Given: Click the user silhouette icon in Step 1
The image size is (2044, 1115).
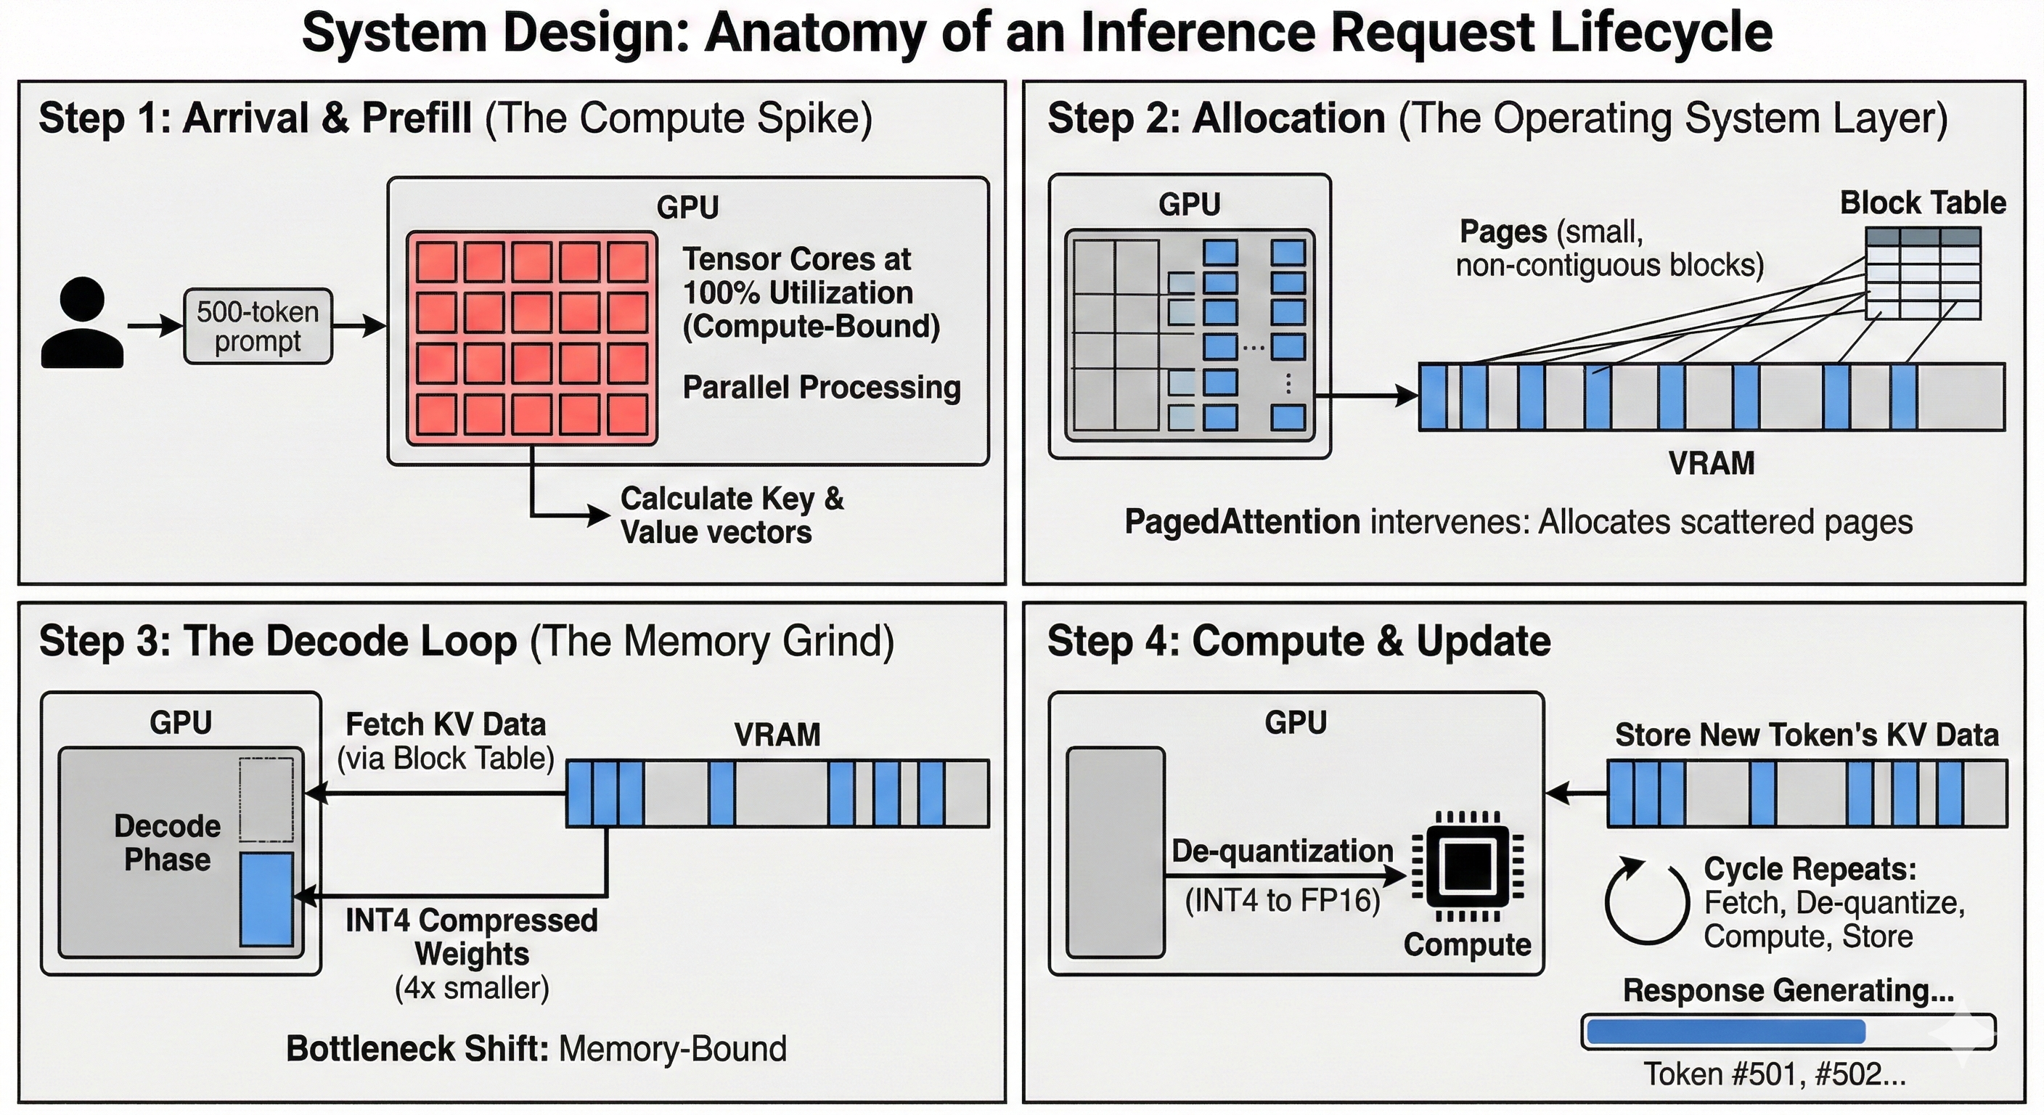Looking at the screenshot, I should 83,323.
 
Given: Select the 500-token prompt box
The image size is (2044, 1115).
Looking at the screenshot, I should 258,326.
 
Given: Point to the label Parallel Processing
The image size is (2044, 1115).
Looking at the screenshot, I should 821,388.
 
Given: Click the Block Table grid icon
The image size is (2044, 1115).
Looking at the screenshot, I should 1923,274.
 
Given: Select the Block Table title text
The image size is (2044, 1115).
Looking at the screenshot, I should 1923,203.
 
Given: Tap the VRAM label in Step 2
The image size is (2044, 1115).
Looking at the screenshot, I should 1711,463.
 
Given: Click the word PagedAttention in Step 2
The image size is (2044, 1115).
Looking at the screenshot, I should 1242,522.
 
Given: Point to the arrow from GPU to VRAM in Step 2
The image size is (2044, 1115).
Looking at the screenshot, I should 1365,395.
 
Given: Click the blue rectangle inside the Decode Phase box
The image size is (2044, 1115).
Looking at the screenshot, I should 266,899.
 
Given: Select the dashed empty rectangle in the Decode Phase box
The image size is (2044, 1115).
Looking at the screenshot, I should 266,799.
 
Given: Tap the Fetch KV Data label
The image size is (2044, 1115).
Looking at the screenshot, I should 446,724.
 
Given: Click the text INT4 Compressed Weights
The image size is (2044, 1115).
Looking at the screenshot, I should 471,936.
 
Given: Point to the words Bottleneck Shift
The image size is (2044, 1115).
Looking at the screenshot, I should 417,1048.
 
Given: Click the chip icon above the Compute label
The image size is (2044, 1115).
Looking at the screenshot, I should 1468,867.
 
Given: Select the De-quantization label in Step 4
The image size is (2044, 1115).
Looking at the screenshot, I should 1283,851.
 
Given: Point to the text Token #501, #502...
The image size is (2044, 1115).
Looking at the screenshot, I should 1773,1074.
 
